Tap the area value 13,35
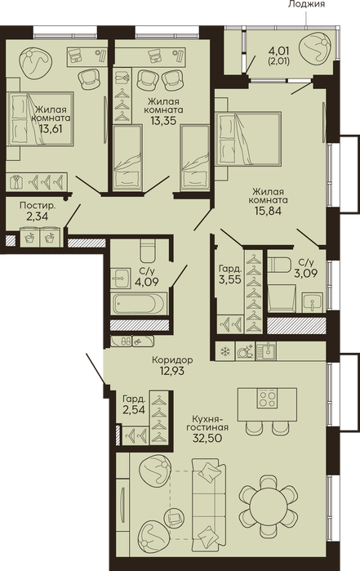click(163, 120)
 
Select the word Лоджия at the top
click(306, 4)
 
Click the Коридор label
click(172, 360)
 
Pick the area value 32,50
click(207, 438)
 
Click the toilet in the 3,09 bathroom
click(279, 265)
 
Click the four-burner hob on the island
click(267, 398)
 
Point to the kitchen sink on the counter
click(266, 350)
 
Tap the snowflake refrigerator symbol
click(225, 351)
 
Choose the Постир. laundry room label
click(38, 205)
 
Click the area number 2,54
click(134, 410)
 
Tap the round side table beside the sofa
click(175, 518)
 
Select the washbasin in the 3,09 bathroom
click(313, 302)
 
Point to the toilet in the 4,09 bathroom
click(149, 250)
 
